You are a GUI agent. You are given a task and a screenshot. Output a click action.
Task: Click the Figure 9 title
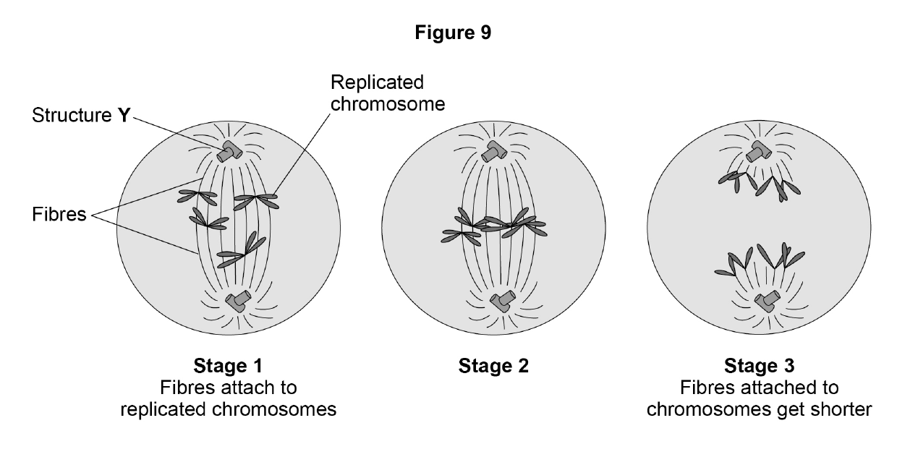[453, 33]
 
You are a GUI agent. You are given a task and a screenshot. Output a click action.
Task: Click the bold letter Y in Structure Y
[124, 115]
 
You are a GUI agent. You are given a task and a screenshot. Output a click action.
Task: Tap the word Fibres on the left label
[59, 214]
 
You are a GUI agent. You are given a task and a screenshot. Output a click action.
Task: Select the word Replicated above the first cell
[377, 82]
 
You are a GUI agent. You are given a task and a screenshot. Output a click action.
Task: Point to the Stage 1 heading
[228, 365]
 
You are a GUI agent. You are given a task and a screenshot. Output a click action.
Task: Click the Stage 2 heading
[493, 365]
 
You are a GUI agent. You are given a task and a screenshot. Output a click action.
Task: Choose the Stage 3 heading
[760, 365]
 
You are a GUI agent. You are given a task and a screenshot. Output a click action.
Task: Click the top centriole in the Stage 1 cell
[229, 151]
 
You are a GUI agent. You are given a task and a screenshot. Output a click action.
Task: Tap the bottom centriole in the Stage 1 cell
[238, 301]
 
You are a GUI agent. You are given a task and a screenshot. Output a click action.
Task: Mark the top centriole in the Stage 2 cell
[494, 151]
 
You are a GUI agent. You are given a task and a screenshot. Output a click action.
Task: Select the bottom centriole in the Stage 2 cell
[503, 301]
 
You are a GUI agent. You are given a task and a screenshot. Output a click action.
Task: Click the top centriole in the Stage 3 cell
[759, 151]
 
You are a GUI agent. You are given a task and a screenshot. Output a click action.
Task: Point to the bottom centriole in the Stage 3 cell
[768, 301]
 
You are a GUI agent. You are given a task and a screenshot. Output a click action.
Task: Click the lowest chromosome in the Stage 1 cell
[242, 251]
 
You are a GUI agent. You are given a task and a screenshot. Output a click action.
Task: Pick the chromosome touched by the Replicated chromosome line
[256, 201]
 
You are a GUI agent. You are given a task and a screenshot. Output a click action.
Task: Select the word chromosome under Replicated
[388, 104]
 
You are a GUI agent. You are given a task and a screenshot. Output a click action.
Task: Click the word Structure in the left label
[72, 115]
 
